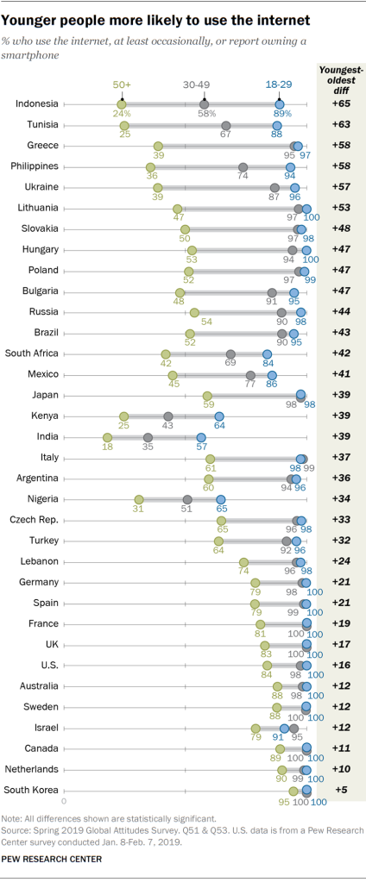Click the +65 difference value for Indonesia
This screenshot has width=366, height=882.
[338, 104]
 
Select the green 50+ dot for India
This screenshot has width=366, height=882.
[108, 437]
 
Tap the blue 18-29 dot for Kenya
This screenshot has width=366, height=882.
[220, 416]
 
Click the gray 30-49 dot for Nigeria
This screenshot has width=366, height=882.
[186, 499]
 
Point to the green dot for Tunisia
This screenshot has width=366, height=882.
[124, 125]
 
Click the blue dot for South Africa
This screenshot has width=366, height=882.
[268, 353]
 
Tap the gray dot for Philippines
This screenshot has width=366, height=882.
[243, 166]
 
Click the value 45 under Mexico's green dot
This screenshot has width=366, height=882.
[174, 385]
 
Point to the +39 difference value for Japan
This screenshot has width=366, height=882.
[338, 395]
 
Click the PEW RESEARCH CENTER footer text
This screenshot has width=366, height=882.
[52, 859]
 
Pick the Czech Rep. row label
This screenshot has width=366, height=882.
[34, 520]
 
